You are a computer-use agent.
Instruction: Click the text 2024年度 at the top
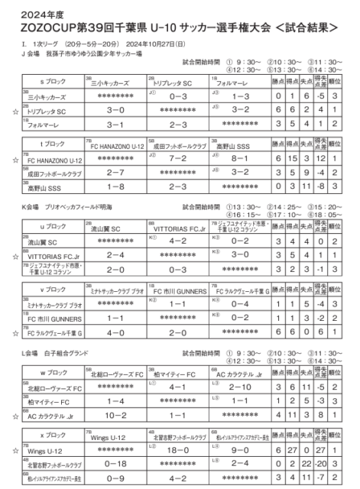pyautogui.click(x=31, y=11)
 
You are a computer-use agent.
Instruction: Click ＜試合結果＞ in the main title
pyautogui.click(x=299, y=26)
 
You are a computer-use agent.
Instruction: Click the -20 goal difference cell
pyautogui.click(x=322, y=463)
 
